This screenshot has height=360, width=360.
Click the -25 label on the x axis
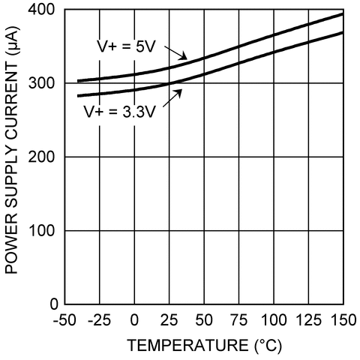tap(99, 321)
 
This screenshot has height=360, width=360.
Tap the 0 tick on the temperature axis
tap(134, 321)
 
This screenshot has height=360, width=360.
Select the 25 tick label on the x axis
tap(169, 321)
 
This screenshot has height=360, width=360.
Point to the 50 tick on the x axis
tap(204, 321)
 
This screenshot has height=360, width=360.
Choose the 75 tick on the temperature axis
tap(238, 321)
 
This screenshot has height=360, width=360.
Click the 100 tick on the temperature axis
tap(273, 321)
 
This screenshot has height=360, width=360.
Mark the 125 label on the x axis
tap(308, 321)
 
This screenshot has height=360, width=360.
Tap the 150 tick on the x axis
tap(342, 321)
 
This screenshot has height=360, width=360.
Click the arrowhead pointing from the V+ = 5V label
tap(187, 59)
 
